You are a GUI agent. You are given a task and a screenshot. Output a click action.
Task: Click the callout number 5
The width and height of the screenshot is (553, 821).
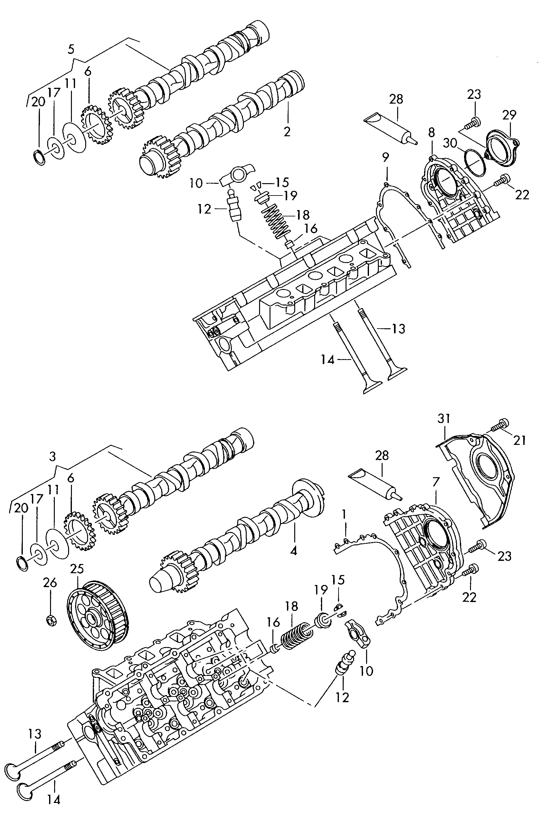click(x=71, y=49)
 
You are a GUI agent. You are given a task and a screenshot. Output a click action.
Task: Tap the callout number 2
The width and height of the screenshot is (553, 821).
click(x=287, y=131)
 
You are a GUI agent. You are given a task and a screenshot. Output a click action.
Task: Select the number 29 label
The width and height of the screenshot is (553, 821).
click(x=509, y=115)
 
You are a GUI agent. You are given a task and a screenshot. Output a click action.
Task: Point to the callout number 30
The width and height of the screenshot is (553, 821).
click(x=450, y=143)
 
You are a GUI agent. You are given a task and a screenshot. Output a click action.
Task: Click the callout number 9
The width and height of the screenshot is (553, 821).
click(x=385, y=157)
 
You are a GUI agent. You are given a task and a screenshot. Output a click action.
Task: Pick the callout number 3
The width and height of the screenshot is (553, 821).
click(x=53, y=457)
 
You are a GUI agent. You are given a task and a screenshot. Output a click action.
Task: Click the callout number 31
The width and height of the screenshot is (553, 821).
click(x=444, y=419)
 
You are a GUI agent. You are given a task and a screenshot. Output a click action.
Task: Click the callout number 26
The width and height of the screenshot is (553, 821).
click(x=50, y=582)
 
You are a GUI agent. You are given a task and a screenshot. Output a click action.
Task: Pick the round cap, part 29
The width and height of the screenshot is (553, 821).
click(x=502, y=149)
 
